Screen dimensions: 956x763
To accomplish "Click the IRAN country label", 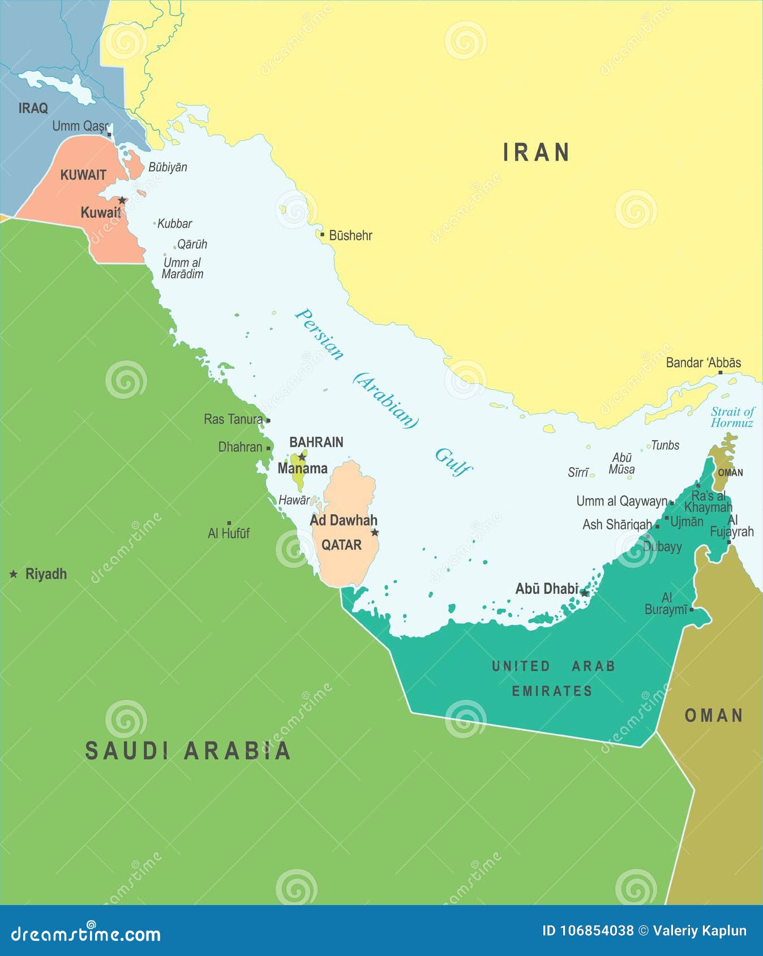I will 536,153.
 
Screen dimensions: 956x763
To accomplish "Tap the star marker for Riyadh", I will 14,574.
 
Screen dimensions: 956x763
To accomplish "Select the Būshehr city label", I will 350,235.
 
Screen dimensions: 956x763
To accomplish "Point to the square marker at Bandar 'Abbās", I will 721,372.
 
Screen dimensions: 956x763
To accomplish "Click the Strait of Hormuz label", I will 732,417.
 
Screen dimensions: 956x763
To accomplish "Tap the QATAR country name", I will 341,545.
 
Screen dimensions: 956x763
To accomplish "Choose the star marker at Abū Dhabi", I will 585,593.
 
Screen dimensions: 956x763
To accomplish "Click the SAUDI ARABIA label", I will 187,751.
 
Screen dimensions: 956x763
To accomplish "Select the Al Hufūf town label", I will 229,533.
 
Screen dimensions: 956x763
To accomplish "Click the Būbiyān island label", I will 168,167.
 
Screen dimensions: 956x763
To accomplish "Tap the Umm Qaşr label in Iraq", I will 79,126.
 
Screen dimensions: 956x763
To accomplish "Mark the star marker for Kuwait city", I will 122,200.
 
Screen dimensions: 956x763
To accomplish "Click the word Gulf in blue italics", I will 453,462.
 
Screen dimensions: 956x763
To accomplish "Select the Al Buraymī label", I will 666,604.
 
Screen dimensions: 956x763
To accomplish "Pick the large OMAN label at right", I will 714,716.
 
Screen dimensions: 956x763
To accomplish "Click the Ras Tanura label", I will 233,419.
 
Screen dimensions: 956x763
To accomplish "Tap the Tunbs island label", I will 665,445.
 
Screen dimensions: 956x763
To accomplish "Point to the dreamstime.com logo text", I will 86,934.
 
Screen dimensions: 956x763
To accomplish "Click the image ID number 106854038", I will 597,931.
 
